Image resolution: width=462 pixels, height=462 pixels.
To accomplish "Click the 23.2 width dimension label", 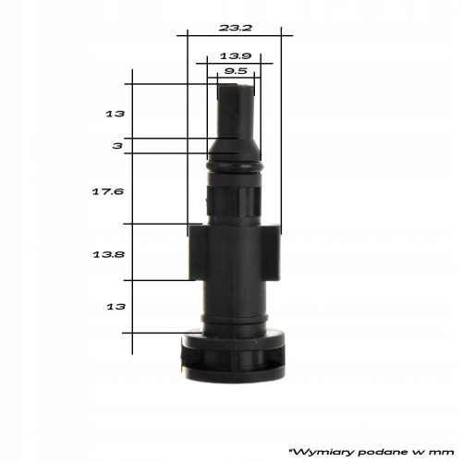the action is (236, 28).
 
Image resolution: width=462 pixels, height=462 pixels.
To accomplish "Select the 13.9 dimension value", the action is (236, 56).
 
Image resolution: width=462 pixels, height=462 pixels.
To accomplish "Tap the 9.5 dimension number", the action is (236, 71).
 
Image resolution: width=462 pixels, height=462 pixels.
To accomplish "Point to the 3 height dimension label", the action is (117, 146).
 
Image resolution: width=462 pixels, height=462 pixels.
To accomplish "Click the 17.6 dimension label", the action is (108, 192).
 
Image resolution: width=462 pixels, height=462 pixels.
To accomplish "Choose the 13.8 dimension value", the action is (108, 255).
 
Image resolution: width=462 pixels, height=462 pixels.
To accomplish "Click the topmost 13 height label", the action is (115, 114).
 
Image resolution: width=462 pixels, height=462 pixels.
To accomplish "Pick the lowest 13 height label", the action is (115, 307).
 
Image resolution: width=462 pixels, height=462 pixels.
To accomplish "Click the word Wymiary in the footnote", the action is (322, 452).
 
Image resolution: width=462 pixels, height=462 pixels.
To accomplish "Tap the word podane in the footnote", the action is (383, 452).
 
